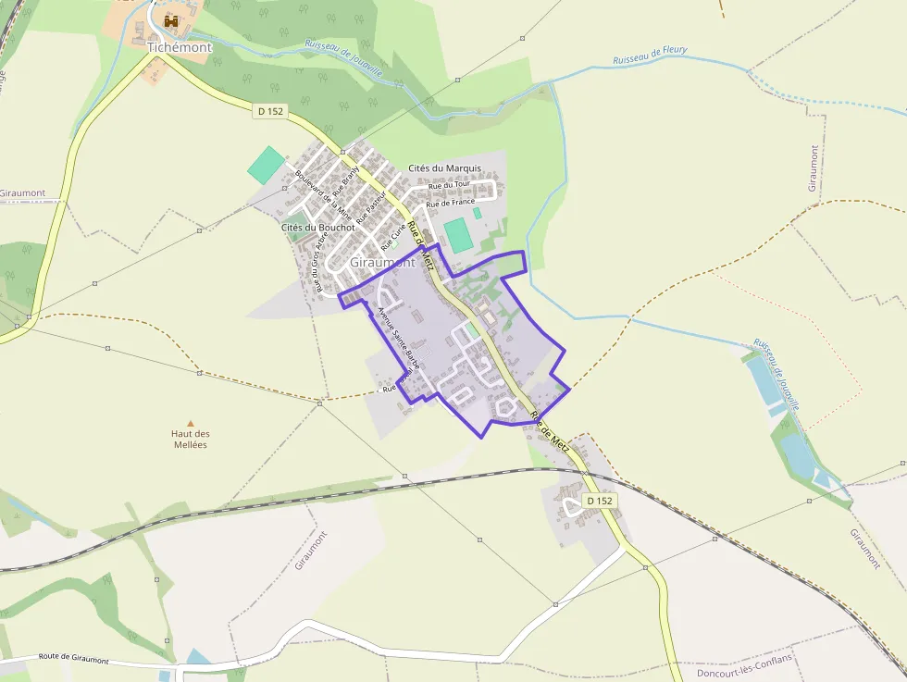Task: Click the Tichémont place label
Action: point(180,47)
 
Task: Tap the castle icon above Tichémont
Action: point(171,20)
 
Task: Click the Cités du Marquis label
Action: point(444,167)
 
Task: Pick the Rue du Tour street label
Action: point(449,185)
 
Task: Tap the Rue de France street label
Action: point(450,202)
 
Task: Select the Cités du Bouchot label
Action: point(317,227)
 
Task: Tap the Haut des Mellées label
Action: point(191,439)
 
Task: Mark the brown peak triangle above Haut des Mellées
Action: point(191,423)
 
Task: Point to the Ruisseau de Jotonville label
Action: point(776,374)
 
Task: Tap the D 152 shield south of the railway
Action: point(600,501)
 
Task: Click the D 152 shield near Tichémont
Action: point(271,111)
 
